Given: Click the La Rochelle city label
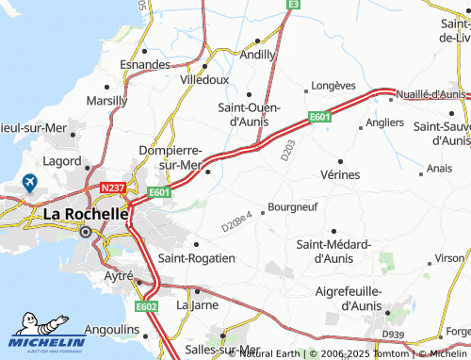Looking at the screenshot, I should pyautogui.click(x=86, y=214).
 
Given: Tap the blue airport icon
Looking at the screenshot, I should pyautogui.click(x=29, y=183).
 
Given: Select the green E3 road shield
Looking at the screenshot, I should pyautogui.click(x=293, y=5).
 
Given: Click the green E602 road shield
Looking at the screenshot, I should pyautogui.click(x=145, y=305).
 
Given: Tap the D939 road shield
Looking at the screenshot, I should pyautogui.click(x=393, y=335).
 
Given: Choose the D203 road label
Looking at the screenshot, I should pyautogui.click(x=288, y=160).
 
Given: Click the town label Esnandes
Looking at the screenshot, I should pyautogui.click(x=145, y=65).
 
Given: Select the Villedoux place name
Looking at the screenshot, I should pyautogui.click(x=204, y=81).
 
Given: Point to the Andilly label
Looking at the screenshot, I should pyautogui.click(x=258, y=56).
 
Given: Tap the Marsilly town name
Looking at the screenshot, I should pyautogui.click(x=106, y=100).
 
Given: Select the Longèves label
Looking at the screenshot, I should pyautogui.click(x=332, y=85).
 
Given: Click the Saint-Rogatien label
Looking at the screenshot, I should pyautogui.click(x=196, y=257).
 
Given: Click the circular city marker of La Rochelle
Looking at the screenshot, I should pyautogui.click(x=86, y=231).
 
